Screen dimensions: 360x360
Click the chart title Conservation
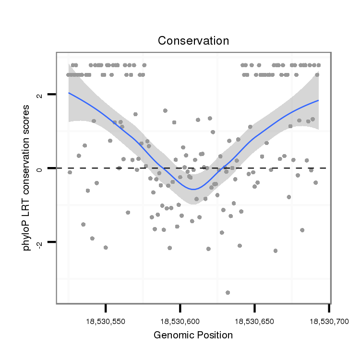click(193, 41)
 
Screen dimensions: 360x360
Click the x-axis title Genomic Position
click(193, 335)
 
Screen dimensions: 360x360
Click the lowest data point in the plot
click(228, 292)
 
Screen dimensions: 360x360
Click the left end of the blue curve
click(69, 93)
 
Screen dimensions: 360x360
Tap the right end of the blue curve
click(318, 100)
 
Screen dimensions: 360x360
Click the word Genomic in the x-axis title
click(171, 335)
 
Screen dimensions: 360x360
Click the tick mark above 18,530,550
click(106, 308)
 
